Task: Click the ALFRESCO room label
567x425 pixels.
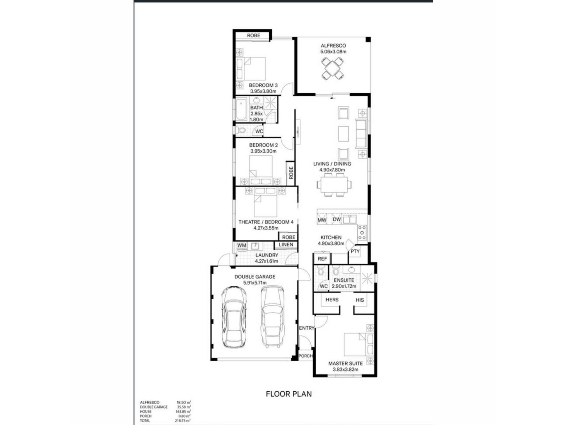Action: click(x=333, y=46)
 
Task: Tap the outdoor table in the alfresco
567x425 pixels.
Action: click(x=333, y=68)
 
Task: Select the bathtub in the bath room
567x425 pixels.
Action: click(x=241, y=109)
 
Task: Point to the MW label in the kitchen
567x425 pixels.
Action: click(x=322, y=220)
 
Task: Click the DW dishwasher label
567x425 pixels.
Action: click(x=337, y=219)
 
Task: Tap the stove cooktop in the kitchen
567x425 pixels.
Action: click(x=362, y=233)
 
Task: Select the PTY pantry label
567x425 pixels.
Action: click(x=355, y=251)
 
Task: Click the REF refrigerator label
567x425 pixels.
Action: click(x=322, y=259)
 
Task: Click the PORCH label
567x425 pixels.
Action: click(x=306, y=356)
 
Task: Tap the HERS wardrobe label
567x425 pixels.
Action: click(x=332, y=300)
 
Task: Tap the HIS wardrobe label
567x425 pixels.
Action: click(x=360, y=300)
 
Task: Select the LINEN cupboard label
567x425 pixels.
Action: click(x=286, y=245)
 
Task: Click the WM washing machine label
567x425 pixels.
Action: click(x=242, y=245)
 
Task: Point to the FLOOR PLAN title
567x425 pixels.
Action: click(x=289, y=394)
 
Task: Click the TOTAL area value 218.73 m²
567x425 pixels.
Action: click(x=183, y=421)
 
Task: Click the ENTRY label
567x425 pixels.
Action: click(x=307, y=328)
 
